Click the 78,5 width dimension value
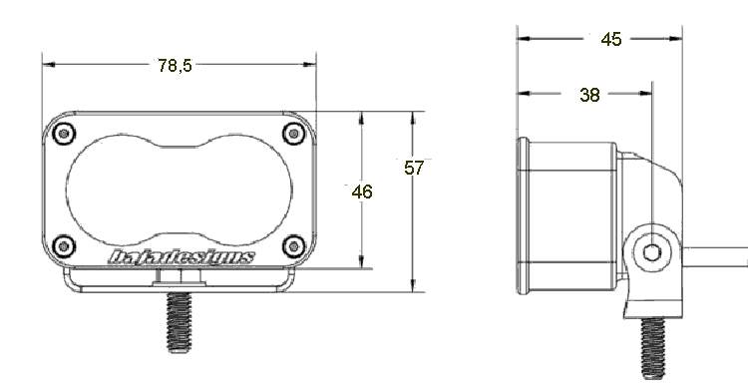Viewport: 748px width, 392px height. pyautogui.click(x=175, y=66)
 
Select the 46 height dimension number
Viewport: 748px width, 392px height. pyautogui.click(x=362, y=192)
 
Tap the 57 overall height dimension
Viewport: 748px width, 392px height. pyautogui.click(x=414, y=168)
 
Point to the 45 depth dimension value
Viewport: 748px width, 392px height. pyautogui.click(x=611, y=39)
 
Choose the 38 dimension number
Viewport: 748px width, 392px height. pyautogui.click(x=589, y=95)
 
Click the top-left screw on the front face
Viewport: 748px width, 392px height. pyautogui.click(x=64, y=133)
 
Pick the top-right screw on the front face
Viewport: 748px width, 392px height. pyautogui.click(x=294, y=133)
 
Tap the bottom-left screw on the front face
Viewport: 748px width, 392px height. pyautogui.click(x=64, y=246)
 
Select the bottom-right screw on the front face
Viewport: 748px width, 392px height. pyautogui.click(x=294, y=246)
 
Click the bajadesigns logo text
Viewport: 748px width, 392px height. pyautogui.click(x=182, y=257)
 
